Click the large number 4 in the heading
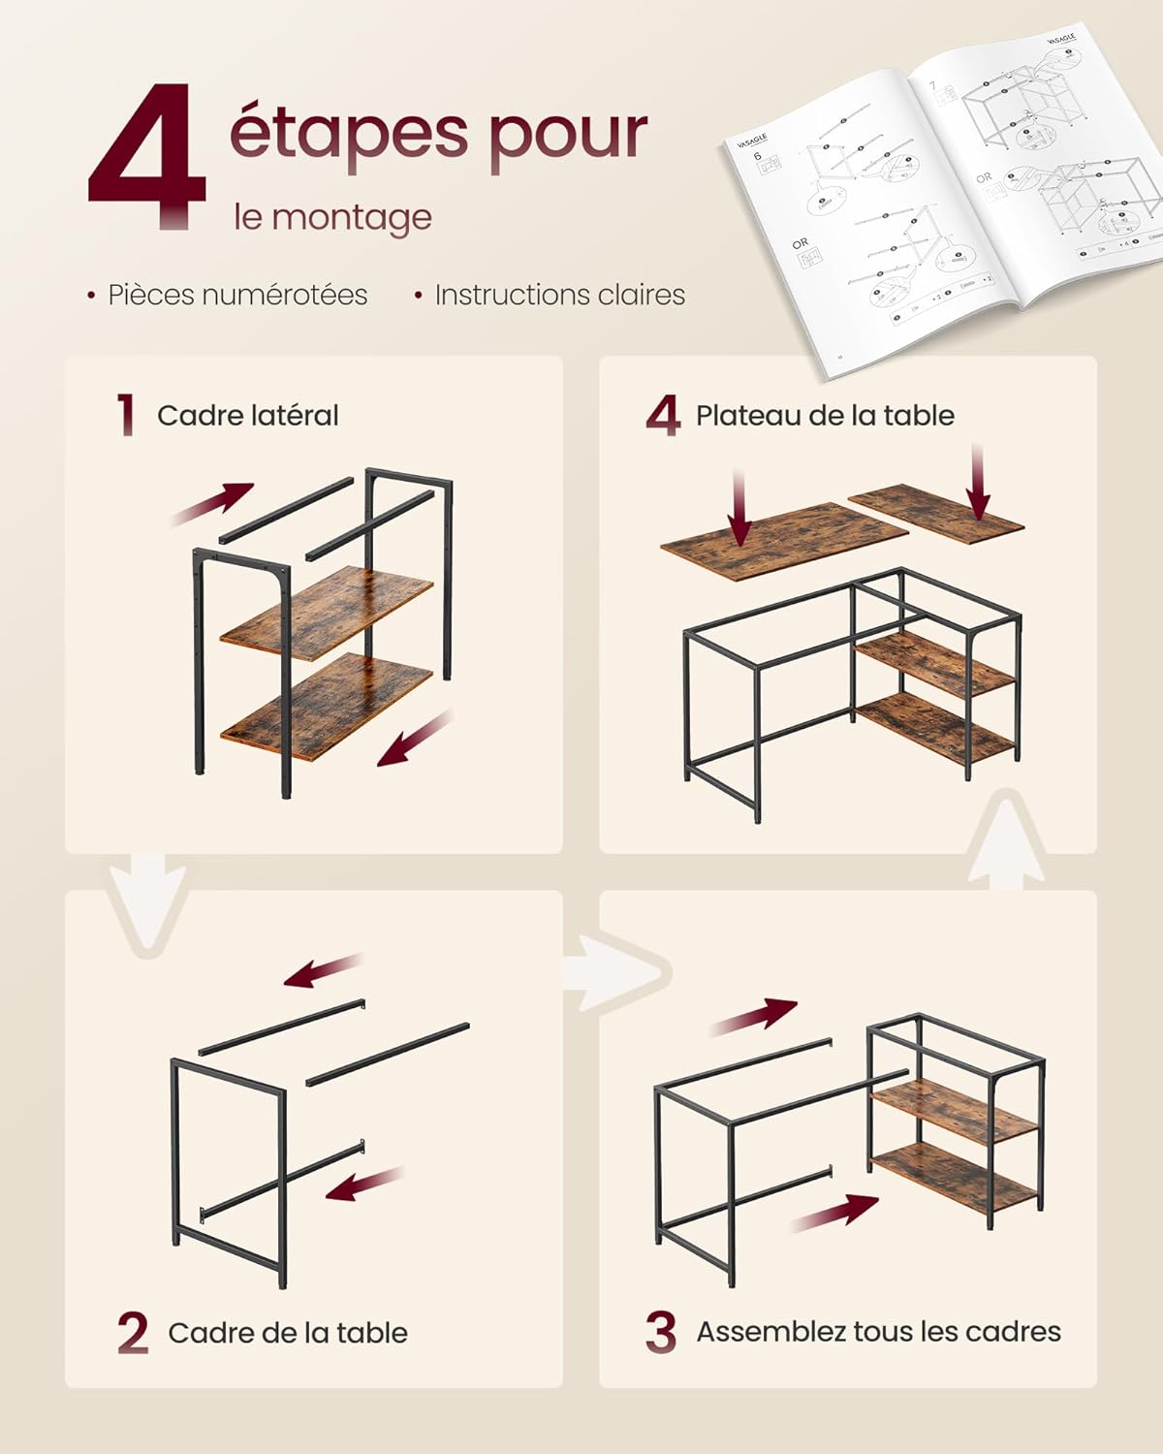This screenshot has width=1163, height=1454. click(x=147, y=155)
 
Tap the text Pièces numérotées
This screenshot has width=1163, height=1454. click(x=237, y=295)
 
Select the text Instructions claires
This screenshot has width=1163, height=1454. click(x=559, y=295)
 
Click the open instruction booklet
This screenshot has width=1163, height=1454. click(x=945, y=184)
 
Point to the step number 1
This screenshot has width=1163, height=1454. click(x=125, y=415)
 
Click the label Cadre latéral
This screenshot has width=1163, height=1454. click(x=248, y=416)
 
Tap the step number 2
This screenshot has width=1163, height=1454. click(x=133, y=1333)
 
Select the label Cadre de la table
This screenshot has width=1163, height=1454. click(x=288, y=1333)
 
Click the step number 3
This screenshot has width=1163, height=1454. click(x=660, y=1332)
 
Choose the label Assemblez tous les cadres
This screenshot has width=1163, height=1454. click(x=878, y=1332)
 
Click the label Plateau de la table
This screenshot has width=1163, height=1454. click(x=825, y=416)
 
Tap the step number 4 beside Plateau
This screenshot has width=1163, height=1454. click(x=663, y=416)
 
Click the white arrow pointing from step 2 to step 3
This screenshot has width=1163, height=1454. click(x=617, y=972)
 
